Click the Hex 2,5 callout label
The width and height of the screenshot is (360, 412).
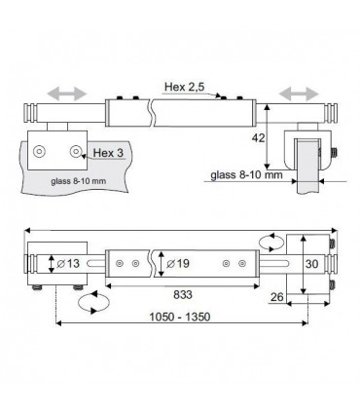(x=185, y=87)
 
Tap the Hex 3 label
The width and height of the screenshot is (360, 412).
(x=108, y=153)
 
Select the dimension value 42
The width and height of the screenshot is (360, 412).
(x=258, y=138)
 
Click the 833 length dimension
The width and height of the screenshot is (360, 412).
(x=183, y=295)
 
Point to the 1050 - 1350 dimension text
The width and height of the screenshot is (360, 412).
(x=179, y=317)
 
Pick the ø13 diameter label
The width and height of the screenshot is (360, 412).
(x=68, y=263)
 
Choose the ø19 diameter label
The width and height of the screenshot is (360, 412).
(x=178, y=263)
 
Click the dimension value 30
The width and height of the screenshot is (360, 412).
(x=311, y=264)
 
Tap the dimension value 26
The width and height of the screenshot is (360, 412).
(x=276, y=297)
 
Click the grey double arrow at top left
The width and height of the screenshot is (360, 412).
(x=67, y=94)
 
